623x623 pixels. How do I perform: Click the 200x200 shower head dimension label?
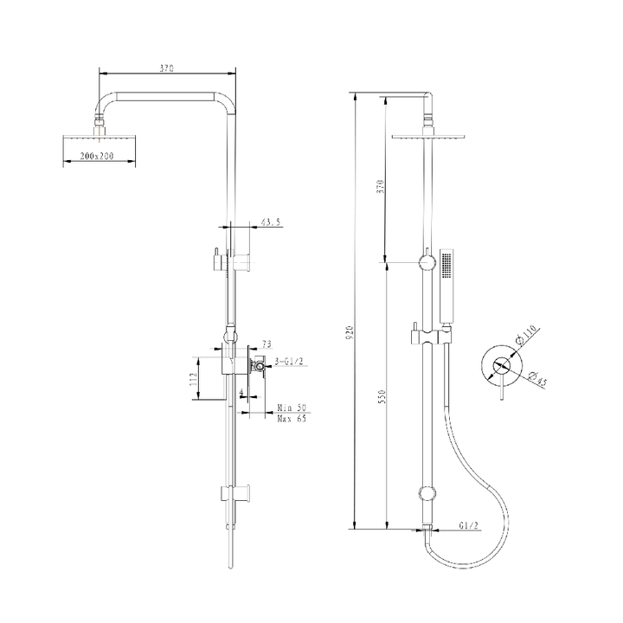click(97, 156)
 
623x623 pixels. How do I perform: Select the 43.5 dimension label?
click(271, 222)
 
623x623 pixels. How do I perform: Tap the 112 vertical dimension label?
click(194, 379)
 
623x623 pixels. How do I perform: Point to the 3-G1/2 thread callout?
click(289, 361)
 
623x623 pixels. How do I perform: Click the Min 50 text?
click(292, 408)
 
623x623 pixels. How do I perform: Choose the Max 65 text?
click(292, 419)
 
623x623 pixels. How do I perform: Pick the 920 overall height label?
click(350, 332)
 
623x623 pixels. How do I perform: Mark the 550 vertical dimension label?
click(382, 397)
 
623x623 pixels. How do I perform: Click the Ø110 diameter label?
click(525, 334)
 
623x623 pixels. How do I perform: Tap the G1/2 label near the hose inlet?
click(469, 525)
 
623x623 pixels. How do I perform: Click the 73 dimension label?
click(267, 344)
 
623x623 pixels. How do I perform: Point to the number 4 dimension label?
click(241, 392)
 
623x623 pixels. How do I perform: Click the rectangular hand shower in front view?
click(447, 286)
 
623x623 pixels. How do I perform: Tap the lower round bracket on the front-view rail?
click(427, 494)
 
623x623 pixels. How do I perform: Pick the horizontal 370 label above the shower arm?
click(167, 68)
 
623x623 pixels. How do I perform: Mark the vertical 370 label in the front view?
click(381, 186)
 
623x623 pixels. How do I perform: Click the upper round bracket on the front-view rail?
click(427, 262)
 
